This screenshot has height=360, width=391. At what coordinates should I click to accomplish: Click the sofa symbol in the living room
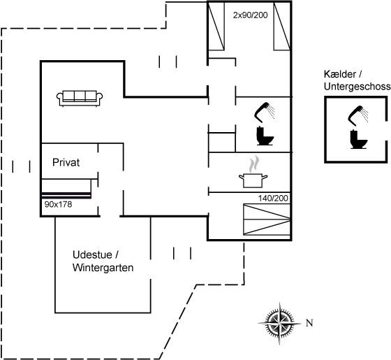[80, 99]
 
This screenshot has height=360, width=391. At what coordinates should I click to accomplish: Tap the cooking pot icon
[253, 181]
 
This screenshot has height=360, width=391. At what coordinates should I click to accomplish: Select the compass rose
[279, 324]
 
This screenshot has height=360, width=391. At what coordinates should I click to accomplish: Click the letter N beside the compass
[309, 323]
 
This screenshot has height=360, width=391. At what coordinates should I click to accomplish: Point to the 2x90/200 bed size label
[250, 15]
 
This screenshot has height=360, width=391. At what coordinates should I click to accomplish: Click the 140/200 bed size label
[273, 199]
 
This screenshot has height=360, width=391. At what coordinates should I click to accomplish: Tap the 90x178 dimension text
[58, 204]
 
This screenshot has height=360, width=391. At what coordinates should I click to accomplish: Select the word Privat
[66, 162]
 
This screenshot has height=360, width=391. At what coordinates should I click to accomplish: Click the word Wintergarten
[103, 268]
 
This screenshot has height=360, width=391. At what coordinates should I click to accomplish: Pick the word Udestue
[92, 255]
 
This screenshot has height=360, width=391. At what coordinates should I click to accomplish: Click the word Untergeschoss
[357, 87]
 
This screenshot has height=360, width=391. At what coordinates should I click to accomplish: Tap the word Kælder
[340, 74]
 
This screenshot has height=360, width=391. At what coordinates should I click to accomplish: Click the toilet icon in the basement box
[359, 139]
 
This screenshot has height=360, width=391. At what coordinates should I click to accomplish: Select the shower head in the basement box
[358, 115]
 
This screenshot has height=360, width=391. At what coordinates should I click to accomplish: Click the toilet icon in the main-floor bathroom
[265, 136]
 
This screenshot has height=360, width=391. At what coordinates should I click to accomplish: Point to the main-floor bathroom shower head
[265, 112]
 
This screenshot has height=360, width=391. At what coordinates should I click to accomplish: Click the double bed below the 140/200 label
[267, 219]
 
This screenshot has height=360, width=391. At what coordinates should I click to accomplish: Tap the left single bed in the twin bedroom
[216, 27]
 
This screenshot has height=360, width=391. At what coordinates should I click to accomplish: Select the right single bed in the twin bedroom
[282, 27]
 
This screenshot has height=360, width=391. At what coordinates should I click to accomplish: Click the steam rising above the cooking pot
[253, 164]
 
